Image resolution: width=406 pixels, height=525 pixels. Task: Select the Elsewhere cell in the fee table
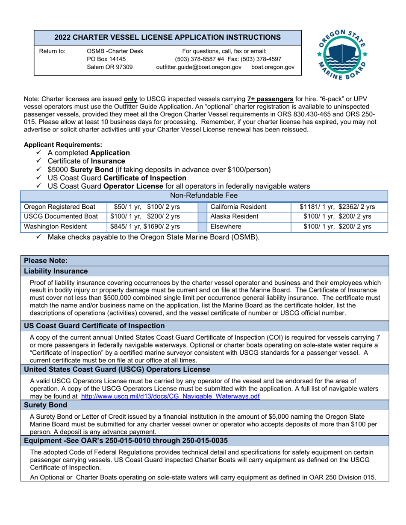tap(223, 227)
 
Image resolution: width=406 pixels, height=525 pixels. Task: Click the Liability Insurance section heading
tap(56, 271)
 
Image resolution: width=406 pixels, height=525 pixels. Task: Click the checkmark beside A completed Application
tap(40, 152)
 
